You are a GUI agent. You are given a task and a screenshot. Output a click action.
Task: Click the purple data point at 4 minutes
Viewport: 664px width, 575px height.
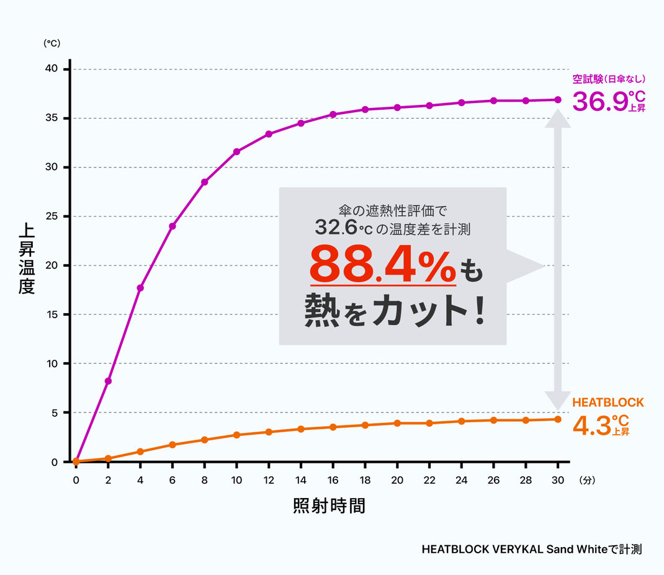(x=140, y=288)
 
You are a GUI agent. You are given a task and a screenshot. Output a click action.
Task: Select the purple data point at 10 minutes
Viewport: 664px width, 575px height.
(x=236, y=151)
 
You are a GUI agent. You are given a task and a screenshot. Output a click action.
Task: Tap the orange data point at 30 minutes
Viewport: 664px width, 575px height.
(x=558, y=419)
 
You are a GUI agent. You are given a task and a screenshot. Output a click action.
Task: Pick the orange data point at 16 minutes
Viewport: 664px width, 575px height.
(x=333, y=427)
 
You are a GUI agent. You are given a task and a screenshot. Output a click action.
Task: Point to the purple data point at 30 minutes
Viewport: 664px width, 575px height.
(x=558, y=99)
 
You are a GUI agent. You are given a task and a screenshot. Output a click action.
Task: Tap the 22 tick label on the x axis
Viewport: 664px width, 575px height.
(x=429, y=480)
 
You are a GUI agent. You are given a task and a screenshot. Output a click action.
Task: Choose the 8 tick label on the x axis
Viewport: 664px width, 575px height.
(x=204, y=480)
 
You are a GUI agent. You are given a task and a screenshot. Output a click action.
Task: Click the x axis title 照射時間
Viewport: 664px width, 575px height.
(x=328, y=506)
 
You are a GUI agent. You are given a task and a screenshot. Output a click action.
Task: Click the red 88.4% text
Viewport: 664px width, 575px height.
(x=382, y=265)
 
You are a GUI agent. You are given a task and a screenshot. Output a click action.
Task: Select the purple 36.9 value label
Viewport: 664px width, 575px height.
(x=599, y=102)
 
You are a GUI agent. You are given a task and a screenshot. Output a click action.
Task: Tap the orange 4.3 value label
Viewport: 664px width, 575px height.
(x=591, y=426)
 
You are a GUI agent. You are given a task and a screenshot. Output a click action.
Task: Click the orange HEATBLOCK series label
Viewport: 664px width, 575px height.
(x=608, y=403)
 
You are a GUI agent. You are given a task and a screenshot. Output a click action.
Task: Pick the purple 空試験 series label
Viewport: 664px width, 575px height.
(x=609, y=79)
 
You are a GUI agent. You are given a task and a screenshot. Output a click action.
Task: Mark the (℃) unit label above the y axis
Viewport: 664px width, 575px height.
(x=51, y=43)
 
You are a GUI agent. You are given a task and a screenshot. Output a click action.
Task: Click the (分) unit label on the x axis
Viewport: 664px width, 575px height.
(x=586, y=480)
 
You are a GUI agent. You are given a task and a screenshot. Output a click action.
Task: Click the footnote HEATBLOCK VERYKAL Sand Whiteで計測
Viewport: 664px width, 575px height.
(x=531, y=549)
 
